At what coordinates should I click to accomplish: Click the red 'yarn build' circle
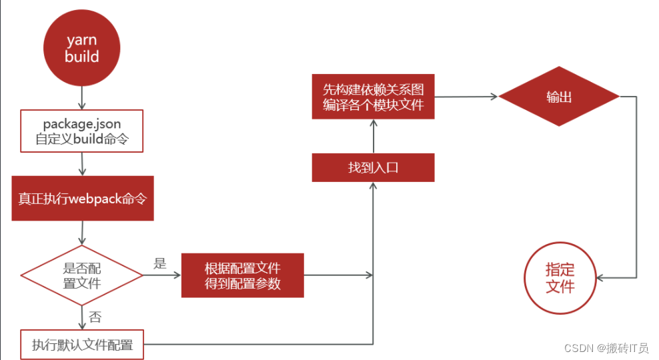click(82, 48)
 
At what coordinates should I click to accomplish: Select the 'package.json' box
click(82, 131)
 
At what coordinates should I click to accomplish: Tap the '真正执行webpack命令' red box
click(83, 198)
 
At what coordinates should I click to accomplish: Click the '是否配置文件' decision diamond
click(82, 275)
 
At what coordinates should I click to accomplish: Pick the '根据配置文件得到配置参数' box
click(243, 275)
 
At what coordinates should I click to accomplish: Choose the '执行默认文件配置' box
click(82, 345)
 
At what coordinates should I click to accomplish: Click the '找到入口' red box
click(374, 167)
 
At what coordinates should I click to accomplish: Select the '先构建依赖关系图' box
click(374, 97)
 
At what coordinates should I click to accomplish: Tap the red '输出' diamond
click(559, 97)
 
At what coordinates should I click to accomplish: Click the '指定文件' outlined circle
click(560, 278)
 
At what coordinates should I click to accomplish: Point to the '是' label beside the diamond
click(160, 263)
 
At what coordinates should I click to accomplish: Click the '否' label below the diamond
click(95, 317)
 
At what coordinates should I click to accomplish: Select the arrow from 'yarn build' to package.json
click(82, 98)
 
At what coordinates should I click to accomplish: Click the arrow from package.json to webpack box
click(82, 164)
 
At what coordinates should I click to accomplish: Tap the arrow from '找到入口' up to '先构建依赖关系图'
click(374, 136)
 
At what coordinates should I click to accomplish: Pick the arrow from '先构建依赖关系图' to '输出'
click(466, 97)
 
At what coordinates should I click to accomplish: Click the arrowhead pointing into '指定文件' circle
click(600, 277)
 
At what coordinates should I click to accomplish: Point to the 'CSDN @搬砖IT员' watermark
click(606, 348)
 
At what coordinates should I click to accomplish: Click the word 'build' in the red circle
click(82, 56)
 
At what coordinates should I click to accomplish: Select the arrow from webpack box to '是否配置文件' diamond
click(82, 233)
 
